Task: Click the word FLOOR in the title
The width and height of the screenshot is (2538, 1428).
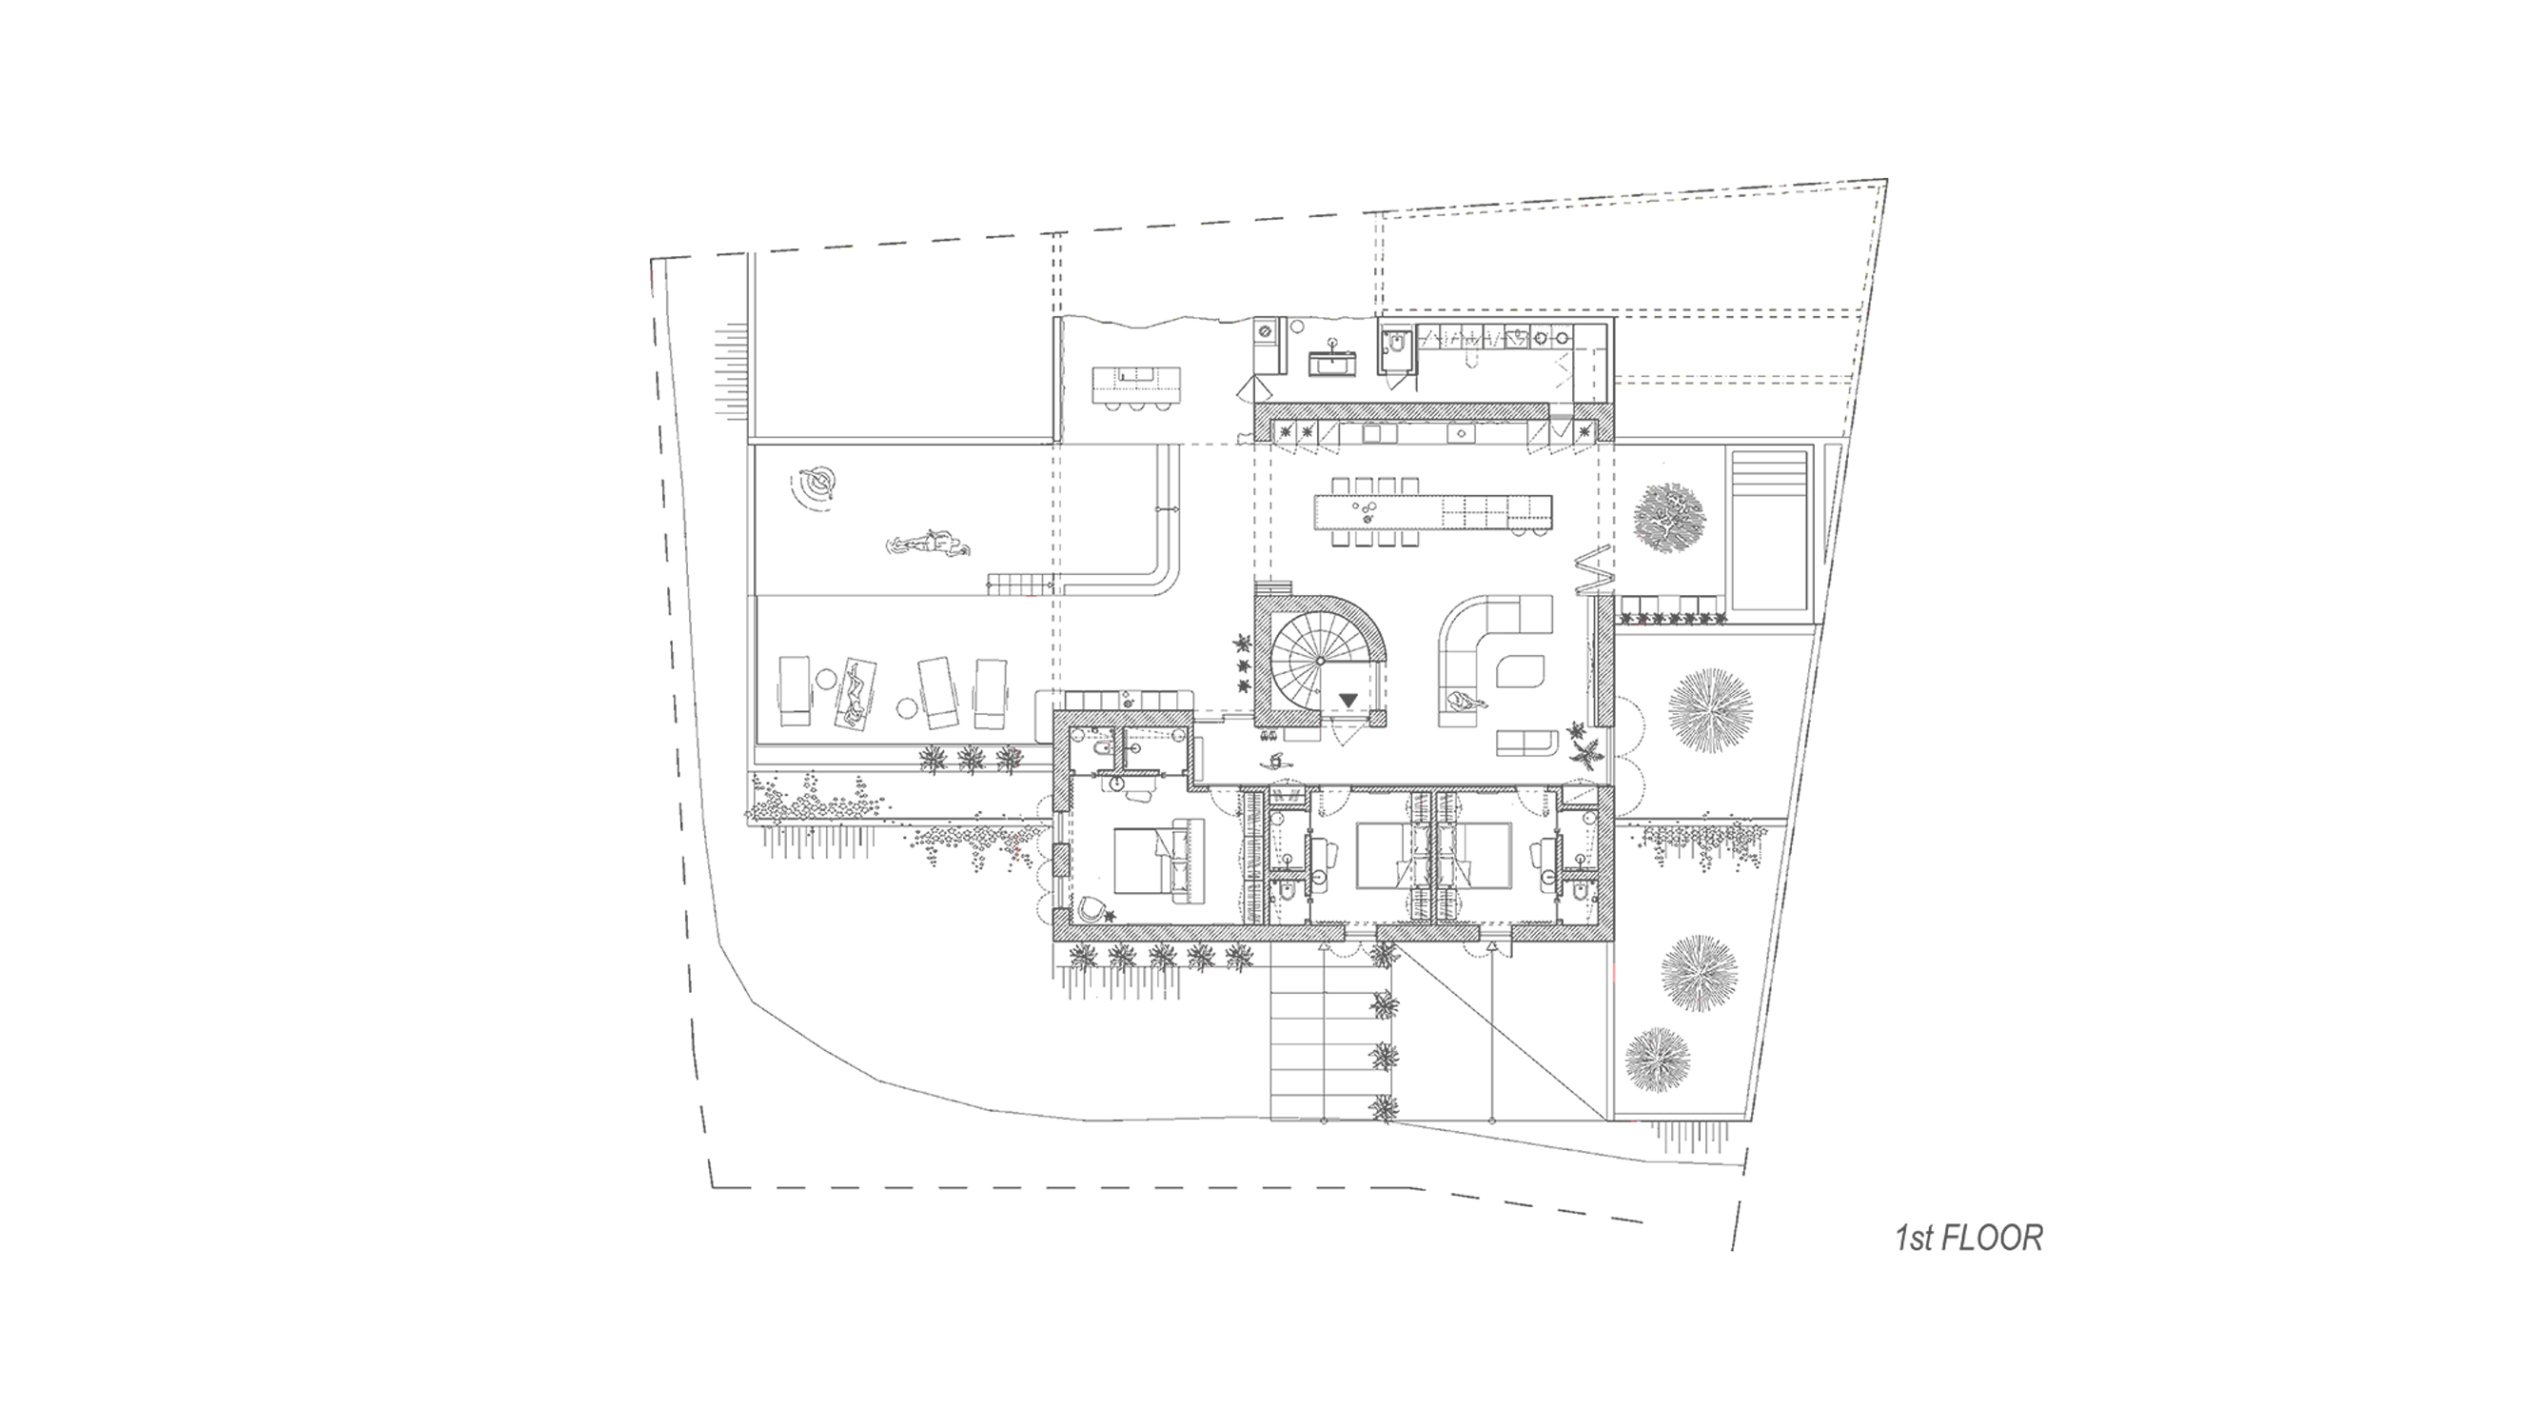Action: [x=1992, y=1238]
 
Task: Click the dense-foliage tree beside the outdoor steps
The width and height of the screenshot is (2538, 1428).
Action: [x=1668, y=514]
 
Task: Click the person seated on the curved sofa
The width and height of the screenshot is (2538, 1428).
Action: [x=1467, y=702]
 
